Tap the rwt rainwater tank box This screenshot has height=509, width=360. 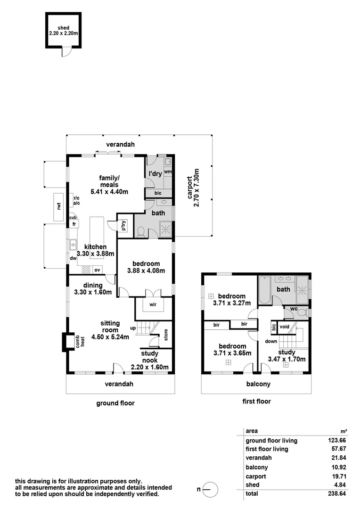click(59, 206)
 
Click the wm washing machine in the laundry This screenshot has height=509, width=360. click(168, 172)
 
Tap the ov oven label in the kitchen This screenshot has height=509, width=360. click(97, 270)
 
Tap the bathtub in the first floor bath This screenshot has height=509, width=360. click(265, 291)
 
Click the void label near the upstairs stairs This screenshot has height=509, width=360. click(285, 326)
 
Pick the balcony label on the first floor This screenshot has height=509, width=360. click(258, 384)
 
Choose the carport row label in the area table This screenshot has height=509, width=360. click(256, 476)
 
